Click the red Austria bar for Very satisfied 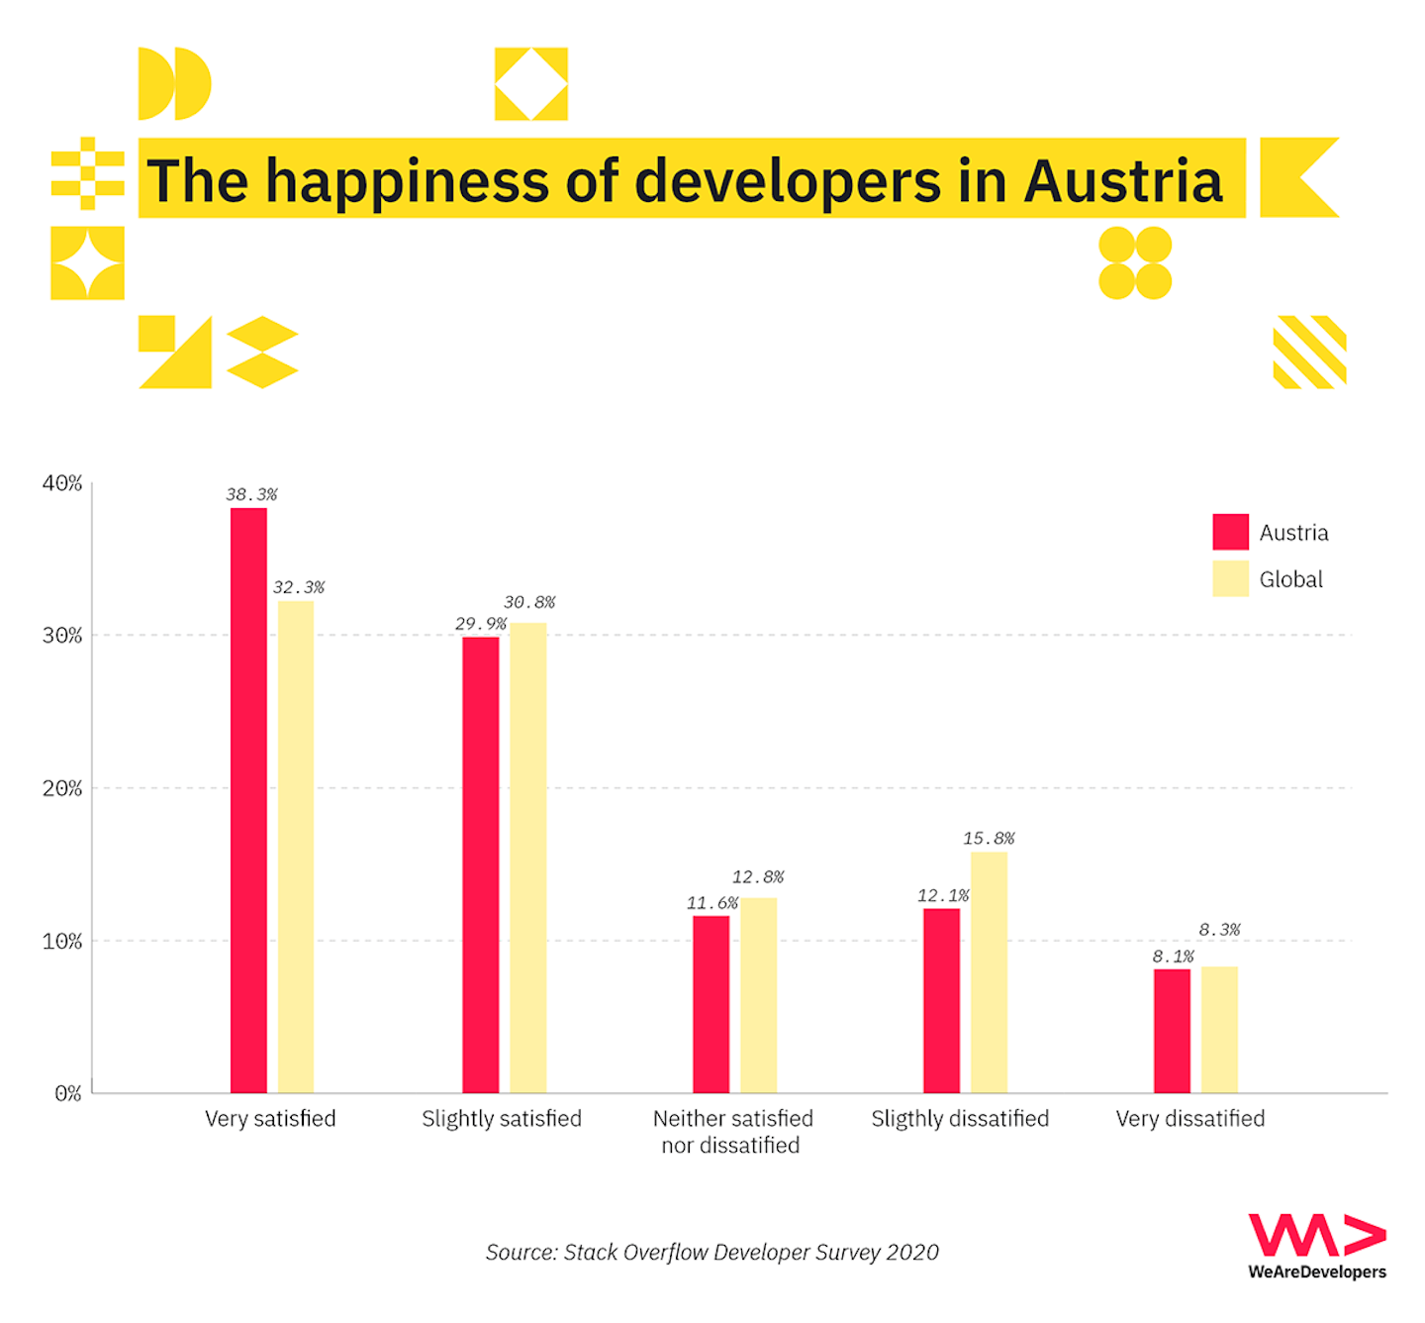pyautogui.click(x=248, y=800)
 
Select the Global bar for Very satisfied pyautogui.click(x=296, y=847)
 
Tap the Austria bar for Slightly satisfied pyautogui.click(x=480, y=865)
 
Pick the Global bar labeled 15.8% pyautogui.click(x=989, y=971)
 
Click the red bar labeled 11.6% pyautogui.click(x=711, y=1004)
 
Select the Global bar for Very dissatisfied pyautogui.click(x=1219, y=1029)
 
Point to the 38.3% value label pyautogui.click(x=251, y=494)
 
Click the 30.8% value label pyautogui.click(x=529, y=602)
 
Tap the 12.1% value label pyautogui.click(x=942, y=895)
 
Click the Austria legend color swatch pyautogui.click(x=1230, y=532)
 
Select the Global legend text pyautogui.click(x=1290, y=579)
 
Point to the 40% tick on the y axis pyautogui.click(x=62, y=483)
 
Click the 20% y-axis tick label pyautogui.click(x=62, y=788)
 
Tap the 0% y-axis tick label pyautogui.click(x=67, y=1093)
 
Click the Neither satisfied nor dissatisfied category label pyautogui.click(x=732, y=1132)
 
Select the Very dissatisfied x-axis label pyautogui.click(x=1190, y=1119)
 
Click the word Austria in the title pyautogui.click(x=1123, y=181)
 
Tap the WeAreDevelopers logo pyautogui.click(x=1316, y=1247)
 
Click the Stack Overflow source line pyautogui.click(x=712, y=1253)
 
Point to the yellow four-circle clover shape pyautogui.click(x=1135, y=262)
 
